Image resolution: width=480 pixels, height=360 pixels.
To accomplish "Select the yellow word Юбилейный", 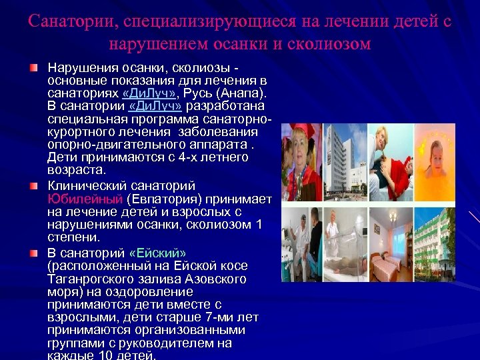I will (85, 199).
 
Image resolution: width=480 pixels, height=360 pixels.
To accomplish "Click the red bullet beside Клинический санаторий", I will (34, 186).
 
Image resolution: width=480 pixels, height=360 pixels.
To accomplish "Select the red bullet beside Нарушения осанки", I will (34, 69).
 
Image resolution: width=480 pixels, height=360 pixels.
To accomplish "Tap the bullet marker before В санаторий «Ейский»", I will (34, 253).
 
